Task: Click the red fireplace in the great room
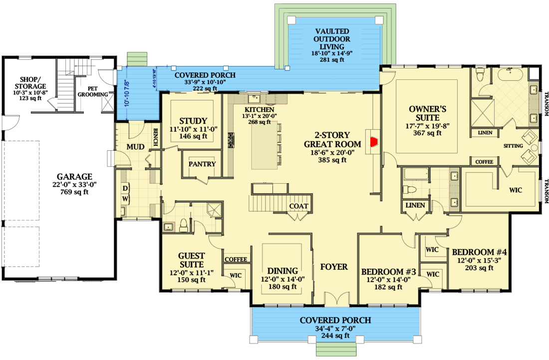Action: click(x=372, y=141)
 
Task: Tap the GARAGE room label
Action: click(x=74, y=176)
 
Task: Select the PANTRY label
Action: click(x=202, y=164)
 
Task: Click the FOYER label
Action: click(x=334, y=267)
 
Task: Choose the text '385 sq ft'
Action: click(x=333, y=160)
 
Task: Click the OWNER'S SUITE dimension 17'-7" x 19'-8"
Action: click(x=427, y=125)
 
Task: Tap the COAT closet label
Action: click(x=298, y=206)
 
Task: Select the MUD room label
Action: click(x=135, y=147)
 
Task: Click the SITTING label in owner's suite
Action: click(x=514, y=146)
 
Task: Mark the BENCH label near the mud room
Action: click(x=156, y=136)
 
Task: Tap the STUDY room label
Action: click(x=193, y=120)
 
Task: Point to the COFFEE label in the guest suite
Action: click(x=236, y=260)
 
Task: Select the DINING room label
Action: click(x=282, y=271)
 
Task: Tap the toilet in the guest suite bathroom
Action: click(x=183, y=225)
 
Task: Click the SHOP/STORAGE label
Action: click(x=31, y=83)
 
